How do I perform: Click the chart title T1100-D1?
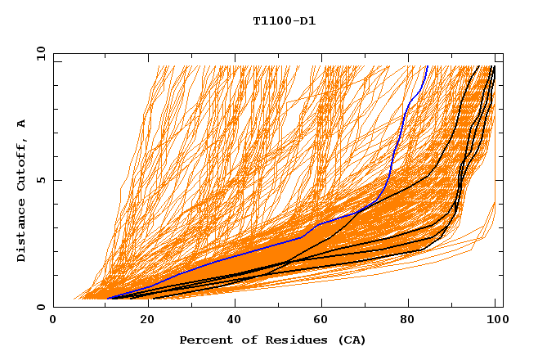(284, 20)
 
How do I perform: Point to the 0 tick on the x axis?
(53, 321)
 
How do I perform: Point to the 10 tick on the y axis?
(39, 53)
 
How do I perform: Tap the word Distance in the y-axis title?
(22, 232)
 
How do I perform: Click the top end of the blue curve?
(427, 66)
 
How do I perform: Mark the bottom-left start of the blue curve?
(109, 299)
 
